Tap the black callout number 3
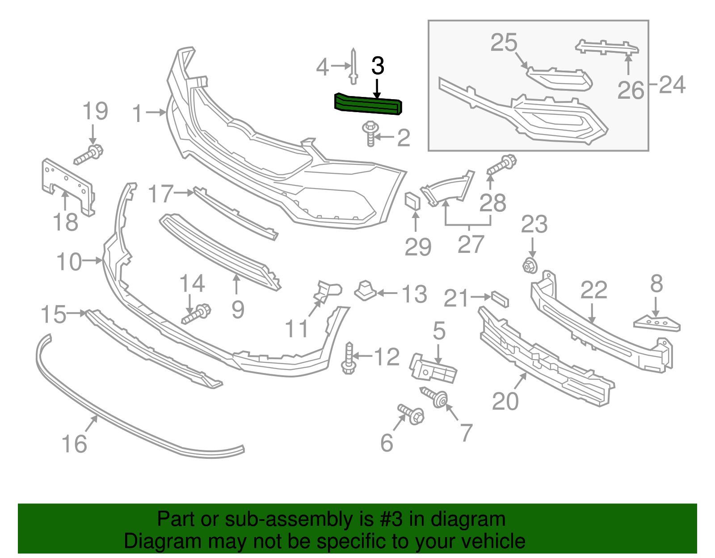378,67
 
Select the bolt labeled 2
370,133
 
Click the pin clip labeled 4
353,67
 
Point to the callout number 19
95,111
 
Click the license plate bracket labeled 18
67,185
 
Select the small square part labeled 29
412,201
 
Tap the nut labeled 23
530,266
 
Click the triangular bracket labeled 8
657,323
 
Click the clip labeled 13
366,290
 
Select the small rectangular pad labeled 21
500,299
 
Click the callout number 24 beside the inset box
672,85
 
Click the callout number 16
74,444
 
